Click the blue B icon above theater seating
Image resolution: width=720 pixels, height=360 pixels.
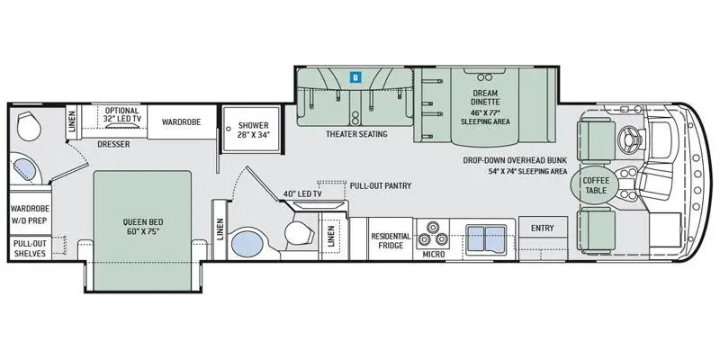(355, 77)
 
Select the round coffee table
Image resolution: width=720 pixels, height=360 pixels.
(595, 185)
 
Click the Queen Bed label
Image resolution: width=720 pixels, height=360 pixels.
(143, 227)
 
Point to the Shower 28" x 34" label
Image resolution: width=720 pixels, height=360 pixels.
(253, 130)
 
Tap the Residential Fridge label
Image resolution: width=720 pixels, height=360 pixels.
(391, 240)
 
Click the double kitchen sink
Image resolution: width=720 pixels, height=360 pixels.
(486, 238)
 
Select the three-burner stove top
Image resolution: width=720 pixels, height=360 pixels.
(431, 234)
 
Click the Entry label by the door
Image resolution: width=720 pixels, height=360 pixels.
(543, 229)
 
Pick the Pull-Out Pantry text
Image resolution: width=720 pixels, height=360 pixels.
(380, 186)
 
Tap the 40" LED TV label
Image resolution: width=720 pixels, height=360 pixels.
(302, 193)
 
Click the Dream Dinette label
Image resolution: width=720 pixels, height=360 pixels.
(485, 97)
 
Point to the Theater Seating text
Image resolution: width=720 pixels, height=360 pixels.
(356, 134)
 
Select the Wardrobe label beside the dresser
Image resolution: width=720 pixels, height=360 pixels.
(182, 121)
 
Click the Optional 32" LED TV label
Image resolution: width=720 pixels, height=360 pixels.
(121, 114)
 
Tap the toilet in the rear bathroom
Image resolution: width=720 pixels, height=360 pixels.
(29, 127)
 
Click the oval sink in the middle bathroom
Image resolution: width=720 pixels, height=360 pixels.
(247, 244)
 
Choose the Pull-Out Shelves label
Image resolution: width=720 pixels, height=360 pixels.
(30, 248)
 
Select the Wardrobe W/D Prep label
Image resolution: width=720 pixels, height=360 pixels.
(30, 214)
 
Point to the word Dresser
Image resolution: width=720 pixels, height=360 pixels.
(113, 144)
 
